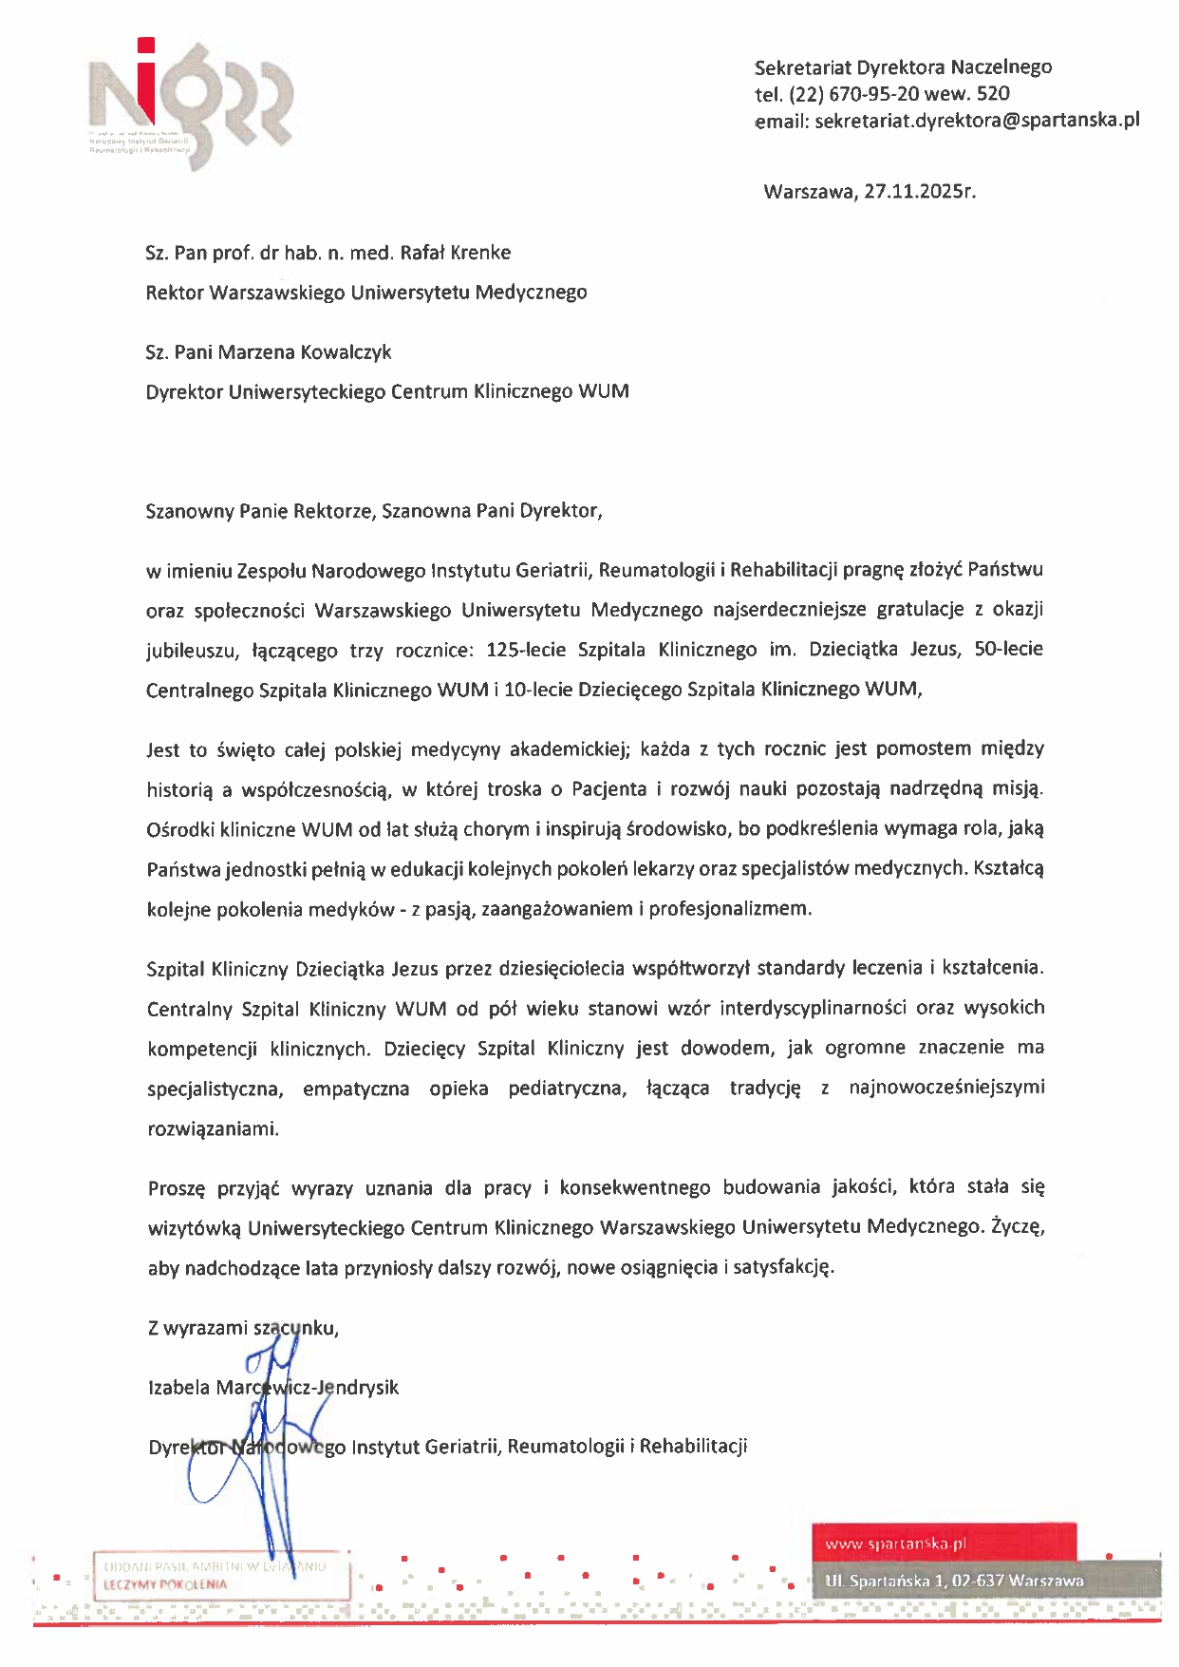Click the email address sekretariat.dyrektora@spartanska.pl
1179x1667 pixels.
977,121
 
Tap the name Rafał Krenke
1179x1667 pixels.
456,253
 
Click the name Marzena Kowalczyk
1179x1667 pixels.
305,352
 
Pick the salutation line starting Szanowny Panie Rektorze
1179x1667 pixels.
374,511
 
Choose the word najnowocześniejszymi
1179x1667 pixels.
946,1088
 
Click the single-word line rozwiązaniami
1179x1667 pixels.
214,1129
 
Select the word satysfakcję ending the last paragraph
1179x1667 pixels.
785,1267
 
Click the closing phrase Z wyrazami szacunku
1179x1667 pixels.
243,1328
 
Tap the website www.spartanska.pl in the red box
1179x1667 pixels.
895,1544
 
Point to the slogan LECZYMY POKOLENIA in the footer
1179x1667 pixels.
165,1584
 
